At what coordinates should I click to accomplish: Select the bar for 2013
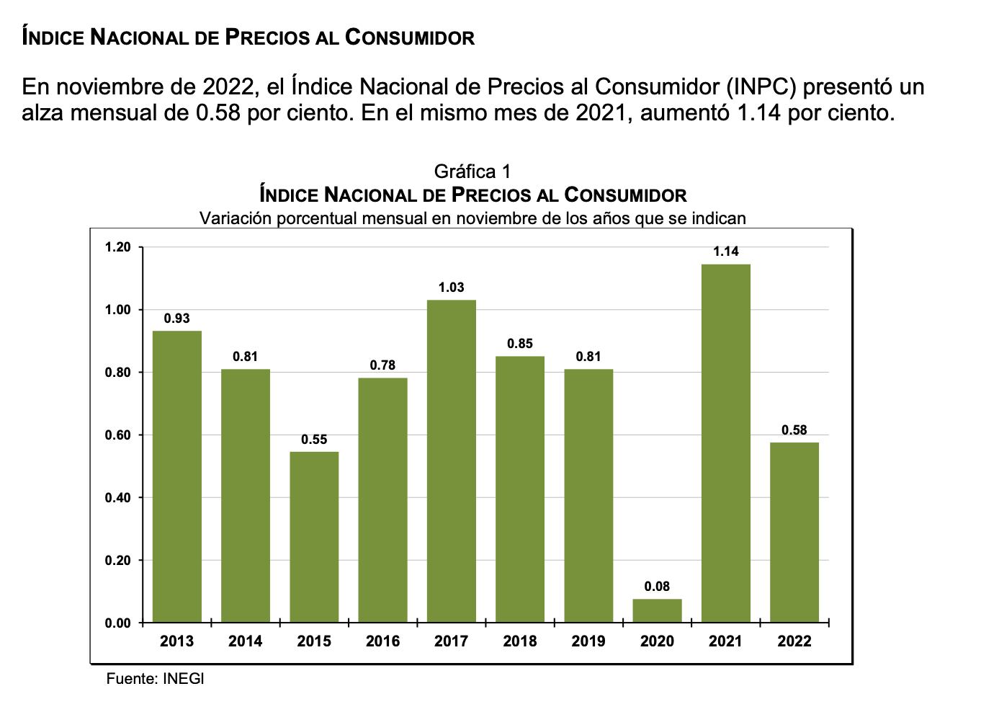(177, 476)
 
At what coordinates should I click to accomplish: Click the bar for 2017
(452, 461)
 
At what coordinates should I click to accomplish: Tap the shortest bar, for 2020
(657, 610)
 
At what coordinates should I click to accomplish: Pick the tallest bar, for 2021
(726, 443)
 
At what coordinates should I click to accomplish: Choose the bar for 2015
(314, 537)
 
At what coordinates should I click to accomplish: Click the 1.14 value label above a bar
(726, 252)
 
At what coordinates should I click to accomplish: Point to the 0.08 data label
(657, 587)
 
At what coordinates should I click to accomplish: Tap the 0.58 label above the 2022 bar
(794, 430)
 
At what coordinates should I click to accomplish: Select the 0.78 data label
(382, 365)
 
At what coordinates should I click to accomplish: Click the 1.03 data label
(452, 288)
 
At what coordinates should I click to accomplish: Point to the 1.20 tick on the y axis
(118, 247)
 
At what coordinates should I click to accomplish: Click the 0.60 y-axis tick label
(118, 435)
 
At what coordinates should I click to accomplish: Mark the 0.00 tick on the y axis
(118, 623)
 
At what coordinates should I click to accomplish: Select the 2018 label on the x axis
(520, 641)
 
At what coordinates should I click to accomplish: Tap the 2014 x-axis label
(246, 641)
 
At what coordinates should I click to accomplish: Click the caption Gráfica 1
(472, 172)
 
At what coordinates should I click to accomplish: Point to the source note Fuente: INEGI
(156, 679)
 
